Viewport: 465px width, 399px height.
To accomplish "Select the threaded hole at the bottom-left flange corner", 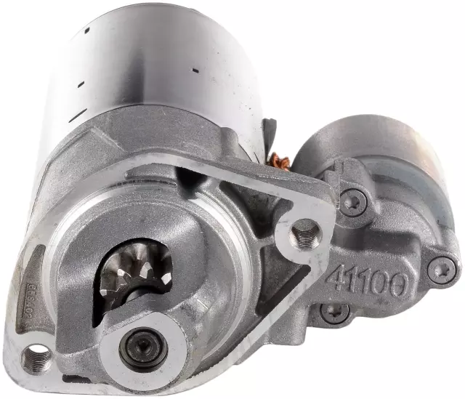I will (36, 357).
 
